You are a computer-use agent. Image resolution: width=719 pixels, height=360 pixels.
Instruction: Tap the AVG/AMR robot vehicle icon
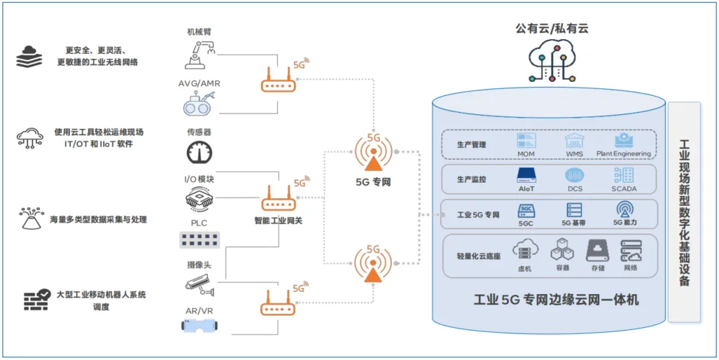[x=200, y=105]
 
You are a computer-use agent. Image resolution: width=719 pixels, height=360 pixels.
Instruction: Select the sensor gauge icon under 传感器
[x=200, y=153]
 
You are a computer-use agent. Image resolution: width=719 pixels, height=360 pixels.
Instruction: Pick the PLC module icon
[x=200, y=240]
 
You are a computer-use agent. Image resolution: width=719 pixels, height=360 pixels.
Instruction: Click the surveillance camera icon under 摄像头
[x=200, y=283]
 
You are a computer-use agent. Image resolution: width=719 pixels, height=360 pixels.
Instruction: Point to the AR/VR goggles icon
[x=200, y=325]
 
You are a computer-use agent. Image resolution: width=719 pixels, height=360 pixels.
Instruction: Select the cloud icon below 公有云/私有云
[x=553, y=60]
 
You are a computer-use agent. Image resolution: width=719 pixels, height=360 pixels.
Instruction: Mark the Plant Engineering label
[x=623, y=153]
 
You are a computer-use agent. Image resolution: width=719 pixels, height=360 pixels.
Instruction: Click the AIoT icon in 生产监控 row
[x=526, y=175]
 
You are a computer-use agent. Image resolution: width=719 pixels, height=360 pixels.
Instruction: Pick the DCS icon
[x=574, y=175]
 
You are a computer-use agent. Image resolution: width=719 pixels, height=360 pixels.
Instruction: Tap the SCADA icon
[x=623, y=175]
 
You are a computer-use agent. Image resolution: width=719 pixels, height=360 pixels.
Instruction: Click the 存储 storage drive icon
[x=597, y=250]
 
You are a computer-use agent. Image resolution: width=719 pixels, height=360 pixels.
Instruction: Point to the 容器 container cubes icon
[x=561, y=250]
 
